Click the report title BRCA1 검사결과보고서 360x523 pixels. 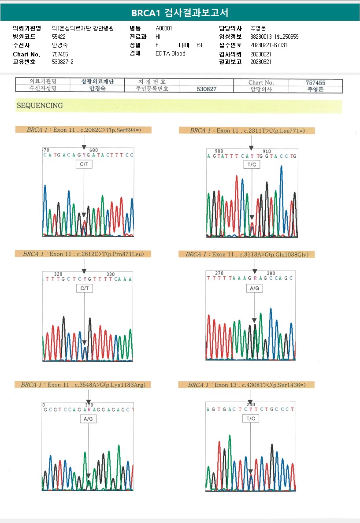[x=180, y=13]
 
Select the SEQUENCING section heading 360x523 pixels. [x=40, y=106]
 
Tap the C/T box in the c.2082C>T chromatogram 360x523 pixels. [x=84, y=164]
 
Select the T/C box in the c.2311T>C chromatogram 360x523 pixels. [x=252, y=164]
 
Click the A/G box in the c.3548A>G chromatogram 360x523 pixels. [x=88, y=419]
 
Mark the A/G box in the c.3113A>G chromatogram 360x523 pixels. [x=255, y=288]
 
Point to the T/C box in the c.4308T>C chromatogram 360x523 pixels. [x=251, y=419]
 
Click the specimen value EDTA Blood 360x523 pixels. [x=171, y=54]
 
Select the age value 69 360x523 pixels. [x=199, y=45]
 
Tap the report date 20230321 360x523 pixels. [x=260, y=62]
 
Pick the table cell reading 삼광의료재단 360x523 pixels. [x=98, y=82]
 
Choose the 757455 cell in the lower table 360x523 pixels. [x=315, y=82]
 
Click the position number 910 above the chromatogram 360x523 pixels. [x=267, y=151]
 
